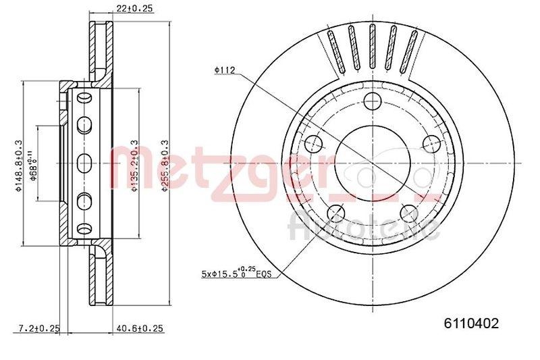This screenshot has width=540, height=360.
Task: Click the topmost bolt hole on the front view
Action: (372, 102)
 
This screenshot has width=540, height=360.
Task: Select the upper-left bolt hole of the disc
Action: (313, 143)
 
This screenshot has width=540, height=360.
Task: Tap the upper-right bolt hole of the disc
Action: (430, 143)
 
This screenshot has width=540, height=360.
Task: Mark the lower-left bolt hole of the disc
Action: (335, 214)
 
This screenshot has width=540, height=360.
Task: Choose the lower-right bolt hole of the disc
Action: (408, 214)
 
